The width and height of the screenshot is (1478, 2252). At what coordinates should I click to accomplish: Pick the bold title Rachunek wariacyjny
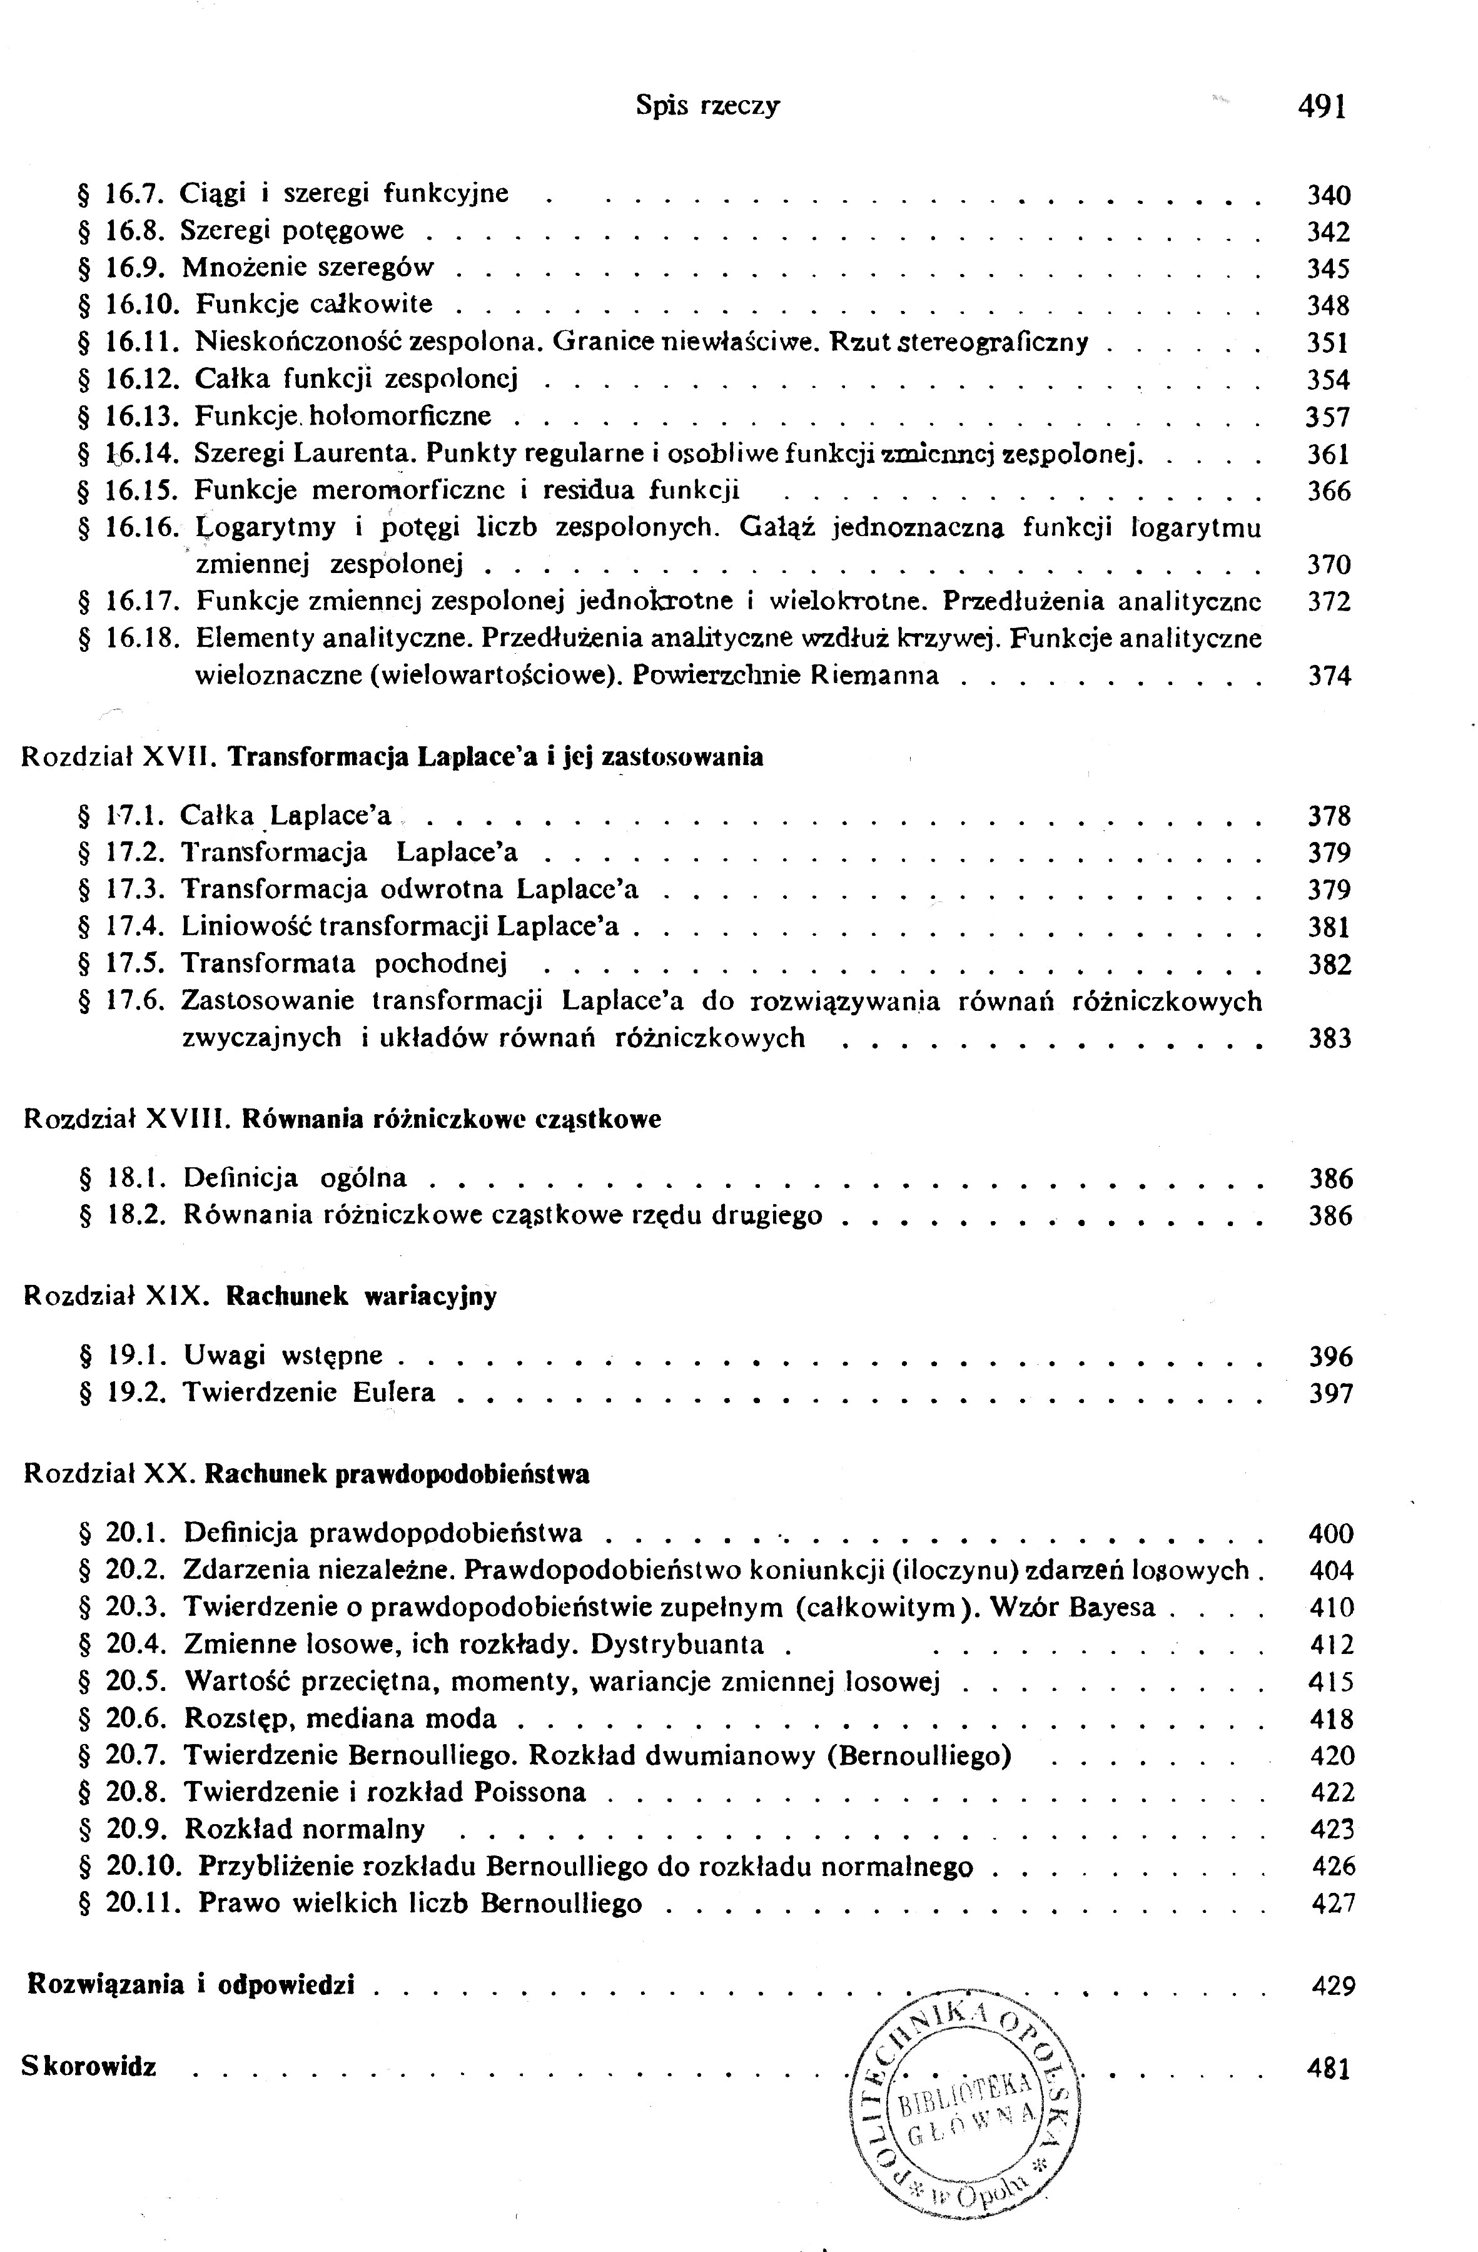click(362, 1296)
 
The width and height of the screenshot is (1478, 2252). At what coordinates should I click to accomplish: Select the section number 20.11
click(143, 1903)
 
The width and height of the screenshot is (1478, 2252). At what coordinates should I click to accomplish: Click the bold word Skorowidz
click(89, 2067)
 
